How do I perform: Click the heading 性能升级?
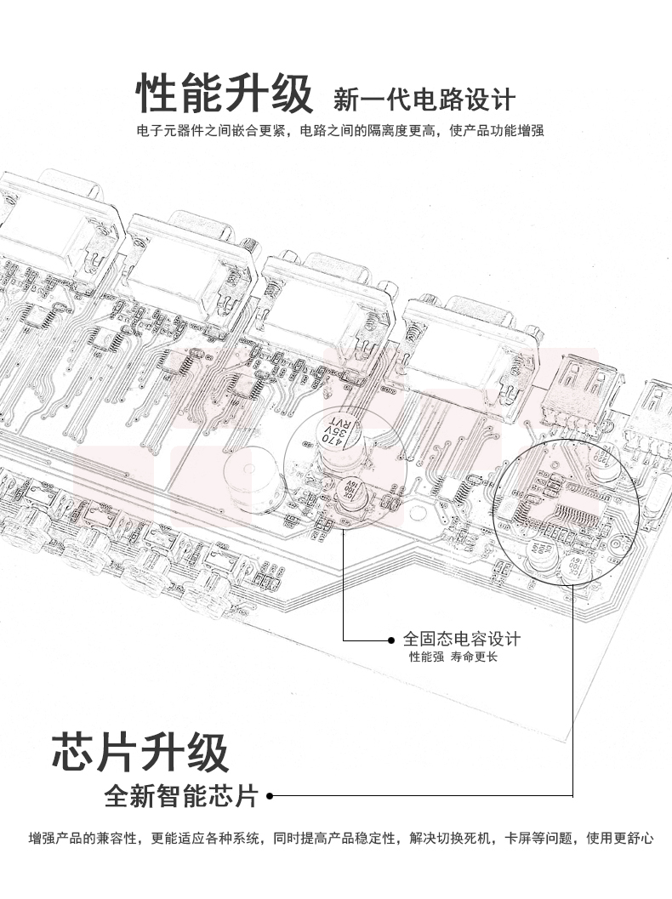click(x=225, y=94)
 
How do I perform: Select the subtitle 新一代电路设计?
click(x=424, y=100)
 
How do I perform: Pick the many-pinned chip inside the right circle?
click(x=579, y=515)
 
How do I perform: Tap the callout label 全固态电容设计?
click(x=461, y=639)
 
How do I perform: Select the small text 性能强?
click(x=426, y=657)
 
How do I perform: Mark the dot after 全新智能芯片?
click(x=270, y=797)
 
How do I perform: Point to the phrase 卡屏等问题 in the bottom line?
click(x=538, y=839)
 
